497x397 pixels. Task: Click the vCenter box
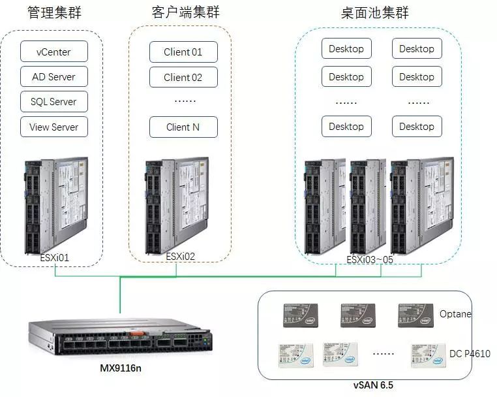pos(53,52)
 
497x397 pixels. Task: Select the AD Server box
pos(53,77)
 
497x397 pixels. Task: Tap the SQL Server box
pos(53,102)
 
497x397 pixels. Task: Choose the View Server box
pos(53,127)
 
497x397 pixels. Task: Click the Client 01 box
pos(183,52)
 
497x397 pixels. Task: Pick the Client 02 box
pos(183,78)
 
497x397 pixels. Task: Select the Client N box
pos(183,127)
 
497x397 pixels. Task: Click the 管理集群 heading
pos(55,12)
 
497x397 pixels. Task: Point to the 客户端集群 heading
pos(186,12)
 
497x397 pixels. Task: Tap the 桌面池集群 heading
pos(374,12)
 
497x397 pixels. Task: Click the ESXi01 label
pos(54,258)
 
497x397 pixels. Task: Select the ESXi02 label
pos(181,257)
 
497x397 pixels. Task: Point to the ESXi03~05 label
pos(370,259)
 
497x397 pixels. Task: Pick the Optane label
pos(455,314)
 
